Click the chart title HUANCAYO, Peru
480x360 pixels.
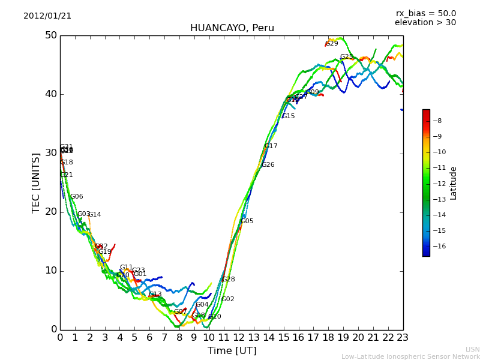tap(232, 28)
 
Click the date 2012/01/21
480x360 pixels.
tap(47, 16)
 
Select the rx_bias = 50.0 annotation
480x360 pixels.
tap(425, 13)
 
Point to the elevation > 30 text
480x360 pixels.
tap(425, 23)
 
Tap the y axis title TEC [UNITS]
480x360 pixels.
tap(37, 182)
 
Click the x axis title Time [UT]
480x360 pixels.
tap(232, 350)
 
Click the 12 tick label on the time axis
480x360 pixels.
tap(239, 338)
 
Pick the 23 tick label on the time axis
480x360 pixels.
tap(403, 338)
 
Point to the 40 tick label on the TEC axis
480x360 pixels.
tap(50, 94)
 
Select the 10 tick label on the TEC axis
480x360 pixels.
tap(50, 271)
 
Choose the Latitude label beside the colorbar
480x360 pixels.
tap(454, 183)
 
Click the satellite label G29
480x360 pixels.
tap(332, 43)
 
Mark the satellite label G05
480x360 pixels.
tap(247, 221)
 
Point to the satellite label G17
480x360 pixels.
tap(271, 146)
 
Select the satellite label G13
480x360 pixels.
tap(155, 295)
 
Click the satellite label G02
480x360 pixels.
tap(227, 299)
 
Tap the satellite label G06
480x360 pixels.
tap(76, 197)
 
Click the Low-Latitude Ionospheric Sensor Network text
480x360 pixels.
tap(410, 356)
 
